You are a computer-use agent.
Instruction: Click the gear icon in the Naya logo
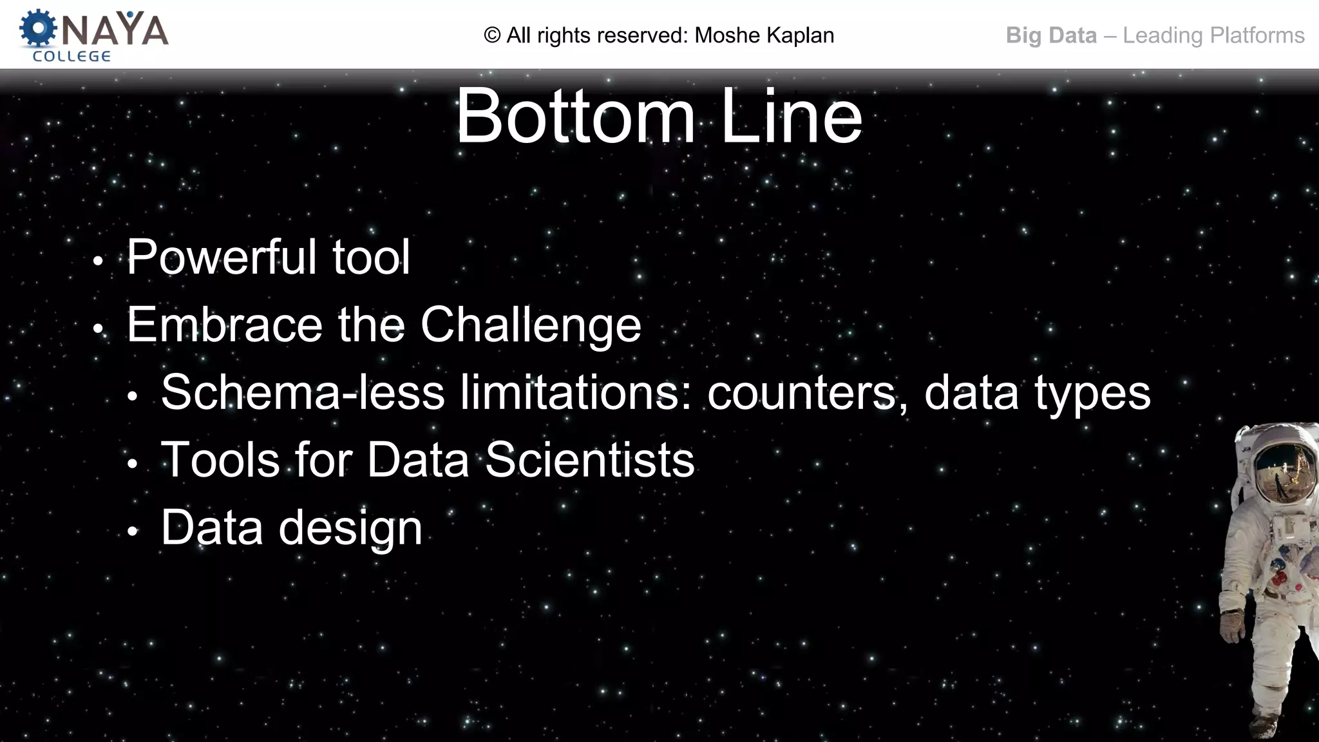tap(38, 29)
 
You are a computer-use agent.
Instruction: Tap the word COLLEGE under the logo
tap(71, 57)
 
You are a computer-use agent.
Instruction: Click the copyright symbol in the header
tap(492, 35)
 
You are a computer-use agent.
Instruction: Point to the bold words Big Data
tap(1051, 35)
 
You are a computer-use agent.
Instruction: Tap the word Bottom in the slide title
tap(575, 117)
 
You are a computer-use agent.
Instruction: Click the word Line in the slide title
tap(791, 117)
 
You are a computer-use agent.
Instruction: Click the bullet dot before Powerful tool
tap(98, 262)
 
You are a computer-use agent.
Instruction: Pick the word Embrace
tap(224, 325)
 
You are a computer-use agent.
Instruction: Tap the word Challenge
tap(531, 326)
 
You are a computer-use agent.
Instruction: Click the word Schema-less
tap(303, 392)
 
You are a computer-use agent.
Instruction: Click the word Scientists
tap(589, 461)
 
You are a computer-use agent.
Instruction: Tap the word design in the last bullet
tap(350, 529)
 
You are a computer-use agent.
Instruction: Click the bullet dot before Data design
tap(133, 532)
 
